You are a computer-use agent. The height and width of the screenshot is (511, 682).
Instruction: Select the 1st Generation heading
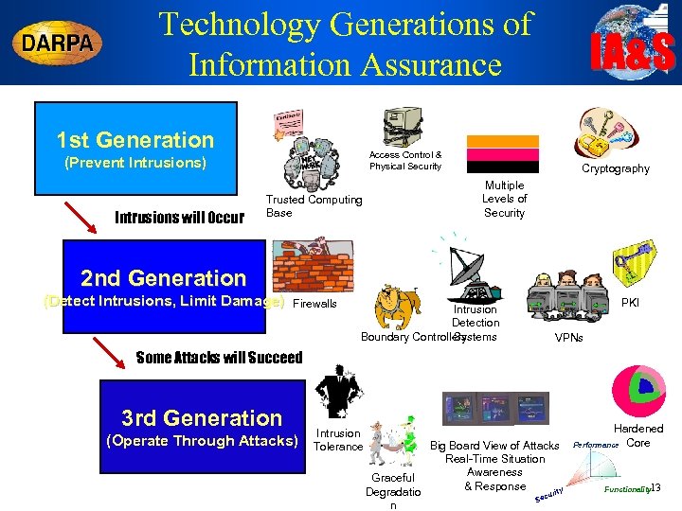point(135,140)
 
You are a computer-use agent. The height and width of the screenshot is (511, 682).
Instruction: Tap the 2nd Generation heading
point(163,277)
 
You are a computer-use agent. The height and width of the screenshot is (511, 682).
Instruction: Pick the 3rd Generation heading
point(202,417)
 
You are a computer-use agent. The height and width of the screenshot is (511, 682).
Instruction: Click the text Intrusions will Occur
point(178,217)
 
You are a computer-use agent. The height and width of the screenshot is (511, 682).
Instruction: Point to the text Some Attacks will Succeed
point(219,357)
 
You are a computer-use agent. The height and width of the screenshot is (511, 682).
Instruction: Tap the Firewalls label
point(315,304)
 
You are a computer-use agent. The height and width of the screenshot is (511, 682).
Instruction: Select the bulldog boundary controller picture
point(398,305)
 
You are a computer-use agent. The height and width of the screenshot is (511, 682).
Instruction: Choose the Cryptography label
point(615,168)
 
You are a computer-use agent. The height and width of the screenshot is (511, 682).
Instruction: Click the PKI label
point(629,303)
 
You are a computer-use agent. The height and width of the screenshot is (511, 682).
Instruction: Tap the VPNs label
point(568,338)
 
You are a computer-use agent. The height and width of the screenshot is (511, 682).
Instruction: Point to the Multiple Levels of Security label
point(504,199)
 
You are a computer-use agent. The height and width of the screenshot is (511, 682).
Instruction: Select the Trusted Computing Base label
point(314,205)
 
